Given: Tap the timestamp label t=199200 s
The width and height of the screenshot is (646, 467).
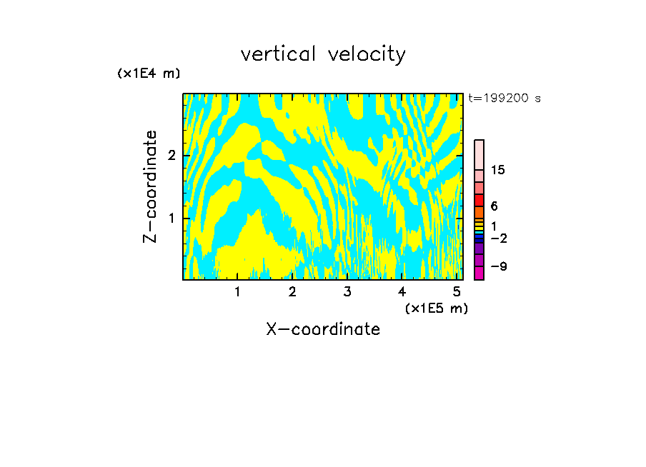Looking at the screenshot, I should point(505,99).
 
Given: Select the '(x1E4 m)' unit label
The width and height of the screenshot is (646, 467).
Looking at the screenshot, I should point(149,74).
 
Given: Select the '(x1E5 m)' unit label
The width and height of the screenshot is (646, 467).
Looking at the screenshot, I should point(436,308).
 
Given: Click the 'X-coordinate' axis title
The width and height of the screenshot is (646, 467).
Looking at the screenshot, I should point(323,329).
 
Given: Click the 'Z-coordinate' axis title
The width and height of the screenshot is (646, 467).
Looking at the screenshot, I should point(150,186).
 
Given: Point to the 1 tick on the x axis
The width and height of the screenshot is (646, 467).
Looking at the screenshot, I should point(237,292).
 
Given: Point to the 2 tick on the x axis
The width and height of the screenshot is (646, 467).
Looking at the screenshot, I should point(292,292).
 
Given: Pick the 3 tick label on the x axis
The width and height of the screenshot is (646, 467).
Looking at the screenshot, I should point(347,292).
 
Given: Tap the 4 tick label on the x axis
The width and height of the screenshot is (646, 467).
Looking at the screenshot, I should point(402,292).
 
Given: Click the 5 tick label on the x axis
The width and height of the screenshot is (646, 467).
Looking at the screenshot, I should point(457,292).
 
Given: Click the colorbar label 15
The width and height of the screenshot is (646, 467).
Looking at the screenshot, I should point(498,170).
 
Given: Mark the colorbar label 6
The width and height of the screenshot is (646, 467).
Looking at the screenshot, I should point(495,206).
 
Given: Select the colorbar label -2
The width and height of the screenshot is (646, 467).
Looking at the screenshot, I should point(499,238).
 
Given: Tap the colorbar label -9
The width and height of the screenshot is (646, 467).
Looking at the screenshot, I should point(499,266).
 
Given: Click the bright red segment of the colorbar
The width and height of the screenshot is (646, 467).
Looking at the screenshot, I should point(479,200).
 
